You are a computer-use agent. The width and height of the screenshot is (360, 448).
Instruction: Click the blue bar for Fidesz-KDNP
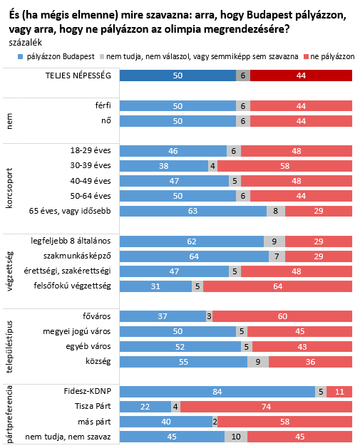click(217, 392)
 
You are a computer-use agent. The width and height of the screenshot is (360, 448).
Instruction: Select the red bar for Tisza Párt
click(266, 407)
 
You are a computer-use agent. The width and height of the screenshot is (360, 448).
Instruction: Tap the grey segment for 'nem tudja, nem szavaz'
click(236, 437)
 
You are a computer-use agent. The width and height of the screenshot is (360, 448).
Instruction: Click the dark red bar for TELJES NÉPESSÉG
click(301, 75)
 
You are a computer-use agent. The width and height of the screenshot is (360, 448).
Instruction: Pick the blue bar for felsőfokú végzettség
click(156, 286)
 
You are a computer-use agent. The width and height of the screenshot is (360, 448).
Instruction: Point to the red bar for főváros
click(282, 316)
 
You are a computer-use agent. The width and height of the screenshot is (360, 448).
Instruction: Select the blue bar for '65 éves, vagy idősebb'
click(193, 211)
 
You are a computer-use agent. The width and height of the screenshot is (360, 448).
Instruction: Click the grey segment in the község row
click(258, 362)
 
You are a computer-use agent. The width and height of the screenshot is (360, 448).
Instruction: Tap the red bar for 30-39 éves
click(284, 166)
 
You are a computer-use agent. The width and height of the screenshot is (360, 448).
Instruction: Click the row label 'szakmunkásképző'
click(77, 256)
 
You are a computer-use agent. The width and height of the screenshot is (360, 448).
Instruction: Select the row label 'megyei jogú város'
click(76, 331)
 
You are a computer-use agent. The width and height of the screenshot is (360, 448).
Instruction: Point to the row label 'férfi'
click(103, 105)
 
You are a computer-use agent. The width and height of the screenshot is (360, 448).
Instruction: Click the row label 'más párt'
click(94, 422)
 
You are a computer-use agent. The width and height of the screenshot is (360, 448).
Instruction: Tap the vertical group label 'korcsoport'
click(9, 188)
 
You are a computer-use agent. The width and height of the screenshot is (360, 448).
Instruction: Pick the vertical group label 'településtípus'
click(9, 347)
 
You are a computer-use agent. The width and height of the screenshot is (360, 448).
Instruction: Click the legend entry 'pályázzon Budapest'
click(56, 56)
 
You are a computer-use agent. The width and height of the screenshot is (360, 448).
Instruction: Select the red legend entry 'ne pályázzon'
click(329, 56)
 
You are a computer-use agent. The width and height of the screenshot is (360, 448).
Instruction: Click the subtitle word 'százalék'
click(25, 43)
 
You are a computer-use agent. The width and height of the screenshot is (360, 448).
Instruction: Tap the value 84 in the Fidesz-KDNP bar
click(217, 392)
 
